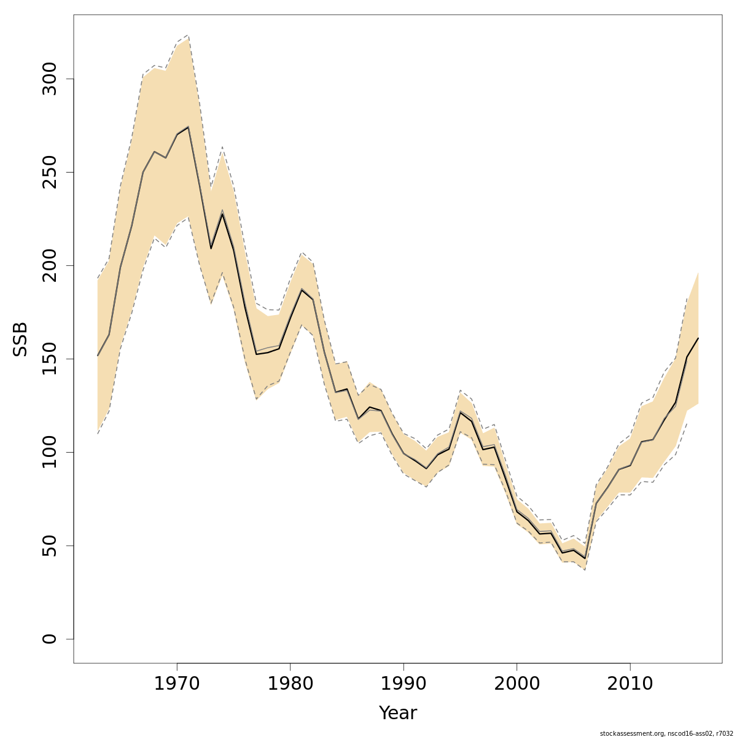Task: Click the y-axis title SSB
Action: pyautogui.click(x=20, y=339)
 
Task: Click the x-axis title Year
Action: pyautogui.click(x=397, y=713)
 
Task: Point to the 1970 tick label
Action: pyautogui.click(x=177, y=684)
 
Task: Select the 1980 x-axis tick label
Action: pyautogui.click(x=291, y=684)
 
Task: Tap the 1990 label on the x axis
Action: pyautogui.click(x=404, y=684)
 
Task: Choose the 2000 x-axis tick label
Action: pyautogui.click(x=517, y=684)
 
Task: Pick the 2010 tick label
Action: pyautogui.click(x=630, y=684)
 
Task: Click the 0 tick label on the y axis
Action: pyautogui.click(x=50, y=639)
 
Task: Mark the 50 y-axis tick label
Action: pyautogui.click(x=50, y=545)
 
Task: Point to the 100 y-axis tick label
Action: pyautogui.click(x=50, y=452)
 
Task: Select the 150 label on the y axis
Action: pyautogui.click(x=50, y=359)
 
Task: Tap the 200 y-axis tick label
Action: pyautogui.click(x=50, y=265)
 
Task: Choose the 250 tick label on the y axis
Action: pyautogui.click(x=50, y=172)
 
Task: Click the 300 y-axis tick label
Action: pyautogui.click(x=50, y=79)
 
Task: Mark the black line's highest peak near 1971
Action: pyautogui.click(x=188, y=127)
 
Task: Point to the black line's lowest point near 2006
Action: pyautogui.click(x=585, y=558)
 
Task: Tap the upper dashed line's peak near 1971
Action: pyautogui.click(x=188, y=36)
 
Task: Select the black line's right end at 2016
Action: pyautogui.click(x=698, y=338)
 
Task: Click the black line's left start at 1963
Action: pyautogui.click(x=98, y=356)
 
